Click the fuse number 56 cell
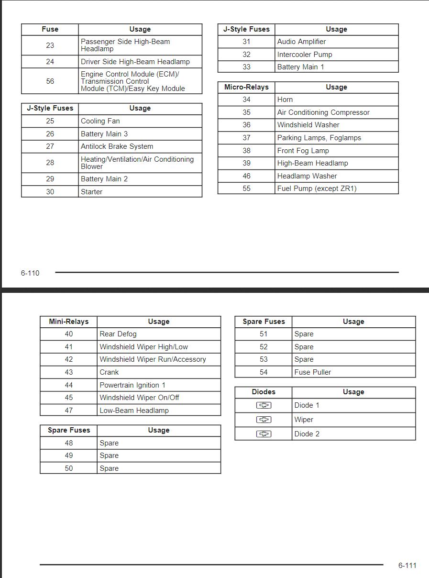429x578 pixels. coord(50,81)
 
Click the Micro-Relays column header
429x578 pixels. coord(246,87)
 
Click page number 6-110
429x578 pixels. coord(30,273)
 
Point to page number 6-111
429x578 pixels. coord(407,566)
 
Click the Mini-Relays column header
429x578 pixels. coord(69,322)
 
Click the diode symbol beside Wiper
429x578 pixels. coord(264,420)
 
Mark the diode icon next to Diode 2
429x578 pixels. coord(264,434)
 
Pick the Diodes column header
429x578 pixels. coord(264,392)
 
